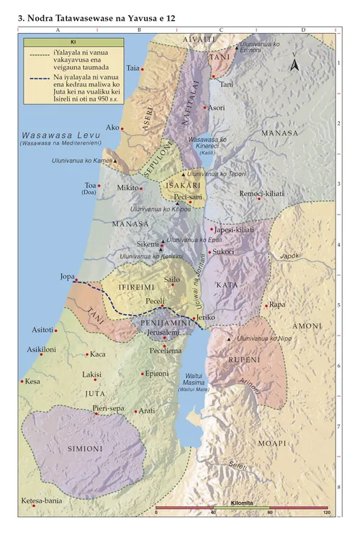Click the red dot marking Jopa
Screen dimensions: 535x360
tap(75, 282)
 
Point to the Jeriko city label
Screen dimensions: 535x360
tap(206, 317)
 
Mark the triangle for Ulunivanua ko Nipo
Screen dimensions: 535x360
tap(229, 338)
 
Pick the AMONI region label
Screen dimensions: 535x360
tap(307, 326)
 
